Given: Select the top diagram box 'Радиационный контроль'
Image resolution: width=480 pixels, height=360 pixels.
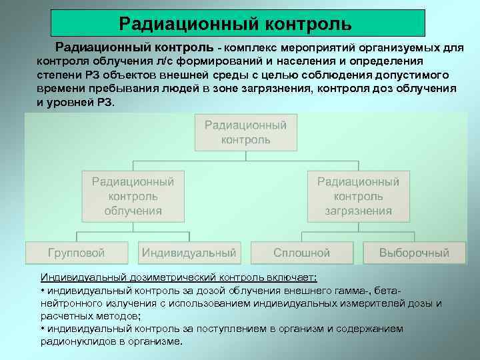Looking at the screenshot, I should pyautogui.click(x=246, y=132).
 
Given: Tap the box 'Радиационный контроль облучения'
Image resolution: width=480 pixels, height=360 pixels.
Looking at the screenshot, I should pyautogui.click(x=133, y=195).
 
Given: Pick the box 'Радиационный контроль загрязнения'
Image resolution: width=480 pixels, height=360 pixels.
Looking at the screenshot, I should pyautogui.click(x=358, y=195).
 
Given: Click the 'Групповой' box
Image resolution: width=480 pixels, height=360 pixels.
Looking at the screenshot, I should pyautogui.click(x=76, y=253).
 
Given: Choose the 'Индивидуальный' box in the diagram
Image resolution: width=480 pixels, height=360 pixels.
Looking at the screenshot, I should pyautogui.click(x=189, y=253).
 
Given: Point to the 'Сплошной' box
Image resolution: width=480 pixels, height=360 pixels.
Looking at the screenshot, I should pyautogui.click(x=301, y=253).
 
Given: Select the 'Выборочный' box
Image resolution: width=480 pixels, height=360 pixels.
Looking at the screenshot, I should pyautogui.click(x=413, y=253).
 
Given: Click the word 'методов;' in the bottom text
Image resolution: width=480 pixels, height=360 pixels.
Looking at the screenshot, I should pyautogui.click(x=117, y=316).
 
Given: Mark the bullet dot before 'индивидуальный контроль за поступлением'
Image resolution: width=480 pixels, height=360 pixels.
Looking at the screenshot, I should pyautogui.click(x=42, y=329).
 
